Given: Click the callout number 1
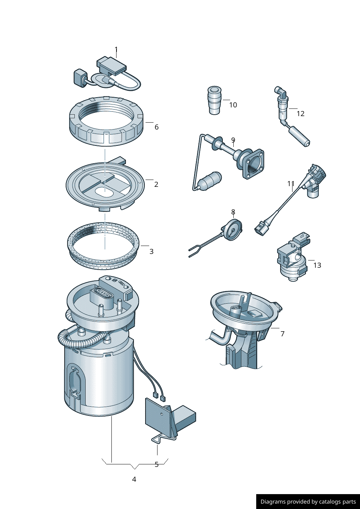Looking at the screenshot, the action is [116, 50].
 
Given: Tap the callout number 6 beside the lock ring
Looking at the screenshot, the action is [156, 127].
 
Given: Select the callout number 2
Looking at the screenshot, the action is [156, 184].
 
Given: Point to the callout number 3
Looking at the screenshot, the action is [151, 251].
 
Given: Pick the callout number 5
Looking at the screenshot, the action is [156, 465].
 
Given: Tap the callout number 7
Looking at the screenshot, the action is [282, 334].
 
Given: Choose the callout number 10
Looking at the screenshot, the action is [233, 105].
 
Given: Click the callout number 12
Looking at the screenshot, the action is [300, 114].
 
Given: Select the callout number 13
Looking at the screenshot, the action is [317, 265].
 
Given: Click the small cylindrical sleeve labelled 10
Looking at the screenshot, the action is [214, 100].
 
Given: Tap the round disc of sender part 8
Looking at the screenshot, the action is [232, 230].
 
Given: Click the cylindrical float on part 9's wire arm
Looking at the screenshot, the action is [209, 180].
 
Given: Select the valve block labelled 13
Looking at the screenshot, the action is [294, 256].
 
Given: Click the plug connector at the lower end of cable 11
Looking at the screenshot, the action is [261, 227].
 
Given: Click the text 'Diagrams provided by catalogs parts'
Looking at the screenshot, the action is [308, 501].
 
